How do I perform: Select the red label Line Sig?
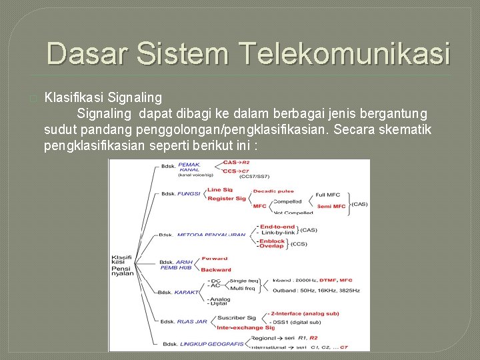pos(219,190)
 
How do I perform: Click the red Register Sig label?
pos(226,198)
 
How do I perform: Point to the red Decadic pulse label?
pos(273,191)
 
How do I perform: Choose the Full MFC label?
pos(327,195)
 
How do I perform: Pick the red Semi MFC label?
pos(331,206)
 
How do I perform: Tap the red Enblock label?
pos(272,240)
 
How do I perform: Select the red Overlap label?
pos(271,246)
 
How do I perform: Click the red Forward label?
pos(214,258)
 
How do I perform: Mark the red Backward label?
pos(216,270)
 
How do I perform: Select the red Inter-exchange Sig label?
pos(245,327)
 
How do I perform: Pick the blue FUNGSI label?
pos(189,194)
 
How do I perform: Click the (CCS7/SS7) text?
pos(255,176)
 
